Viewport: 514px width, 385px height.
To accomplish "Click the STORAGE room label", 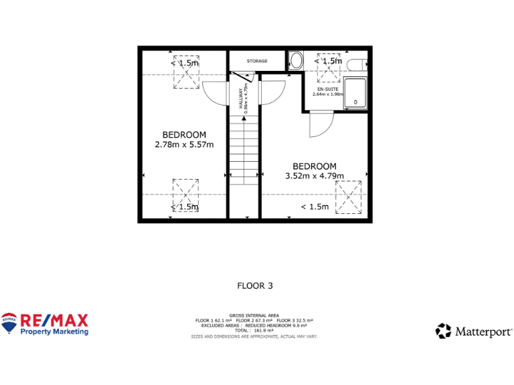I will click(256, 61).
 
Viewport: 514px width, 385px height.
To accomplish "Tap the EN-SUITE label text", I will click(328, 89).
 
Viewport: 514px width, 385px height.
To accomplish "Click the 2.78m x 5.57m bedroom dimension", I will click(184, 144).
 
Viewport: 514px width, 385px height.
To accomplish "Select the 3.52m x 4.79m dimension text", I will click(315, 176).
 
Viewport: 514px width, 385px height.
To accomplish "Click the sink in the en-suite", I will click(296, 61).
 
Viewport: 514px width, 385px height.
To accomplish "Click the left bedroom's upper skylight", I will click(186, 73).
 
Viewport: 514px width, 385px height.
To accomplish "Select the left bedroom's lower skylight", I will click(185, 195).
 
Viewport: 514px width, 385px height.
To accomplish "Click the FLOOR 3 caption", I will click(255, 285).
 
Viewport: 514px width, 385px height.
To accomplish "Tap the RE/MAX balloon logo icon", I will click(9, 322).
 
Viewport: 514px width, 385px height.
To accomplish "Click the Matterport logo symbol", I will click(444, 331).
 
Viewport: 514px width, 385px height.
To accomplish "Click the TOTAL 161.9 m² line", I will click(254, 330).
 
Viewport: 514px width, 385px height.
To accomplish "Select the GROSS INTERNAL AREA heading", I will click(254, 315).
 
